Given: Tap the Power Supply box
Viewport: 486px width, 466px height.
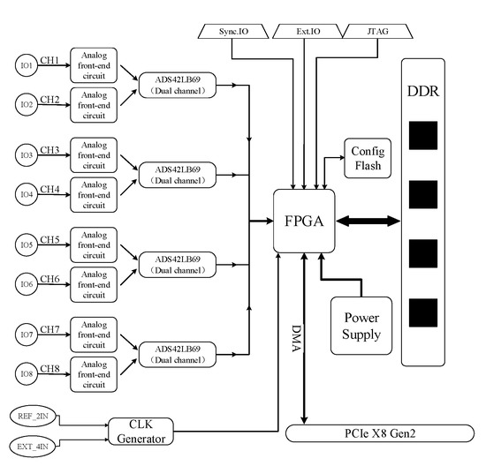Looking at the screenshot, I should [362, 326].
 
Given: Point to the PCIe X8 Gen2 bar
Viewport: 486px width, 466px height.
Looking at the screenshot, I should [383, 433].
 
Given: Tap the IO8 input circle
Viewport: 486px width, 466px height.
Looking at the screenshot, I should [27, 373].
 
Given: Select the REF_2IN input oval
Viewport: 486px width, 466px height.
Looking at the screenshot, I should [34, 414].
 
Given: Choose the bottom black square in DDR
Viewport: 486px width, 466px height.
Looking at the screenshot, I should [422, 312].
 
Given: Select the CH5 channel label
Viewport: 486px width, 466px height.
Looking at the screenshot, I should [49, 239].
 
